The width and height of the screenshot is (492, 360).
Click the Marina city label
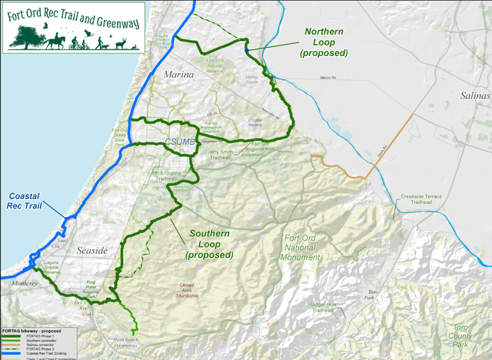click(x=179, y=75)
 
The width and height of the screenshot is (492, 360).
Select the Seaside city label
click(x=92, y=250)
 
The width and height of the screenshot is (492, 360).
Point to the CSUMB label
click(x=180, y=143)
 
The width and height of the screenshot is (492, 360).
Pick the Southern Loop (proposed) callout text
click(x=209, y=244)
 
